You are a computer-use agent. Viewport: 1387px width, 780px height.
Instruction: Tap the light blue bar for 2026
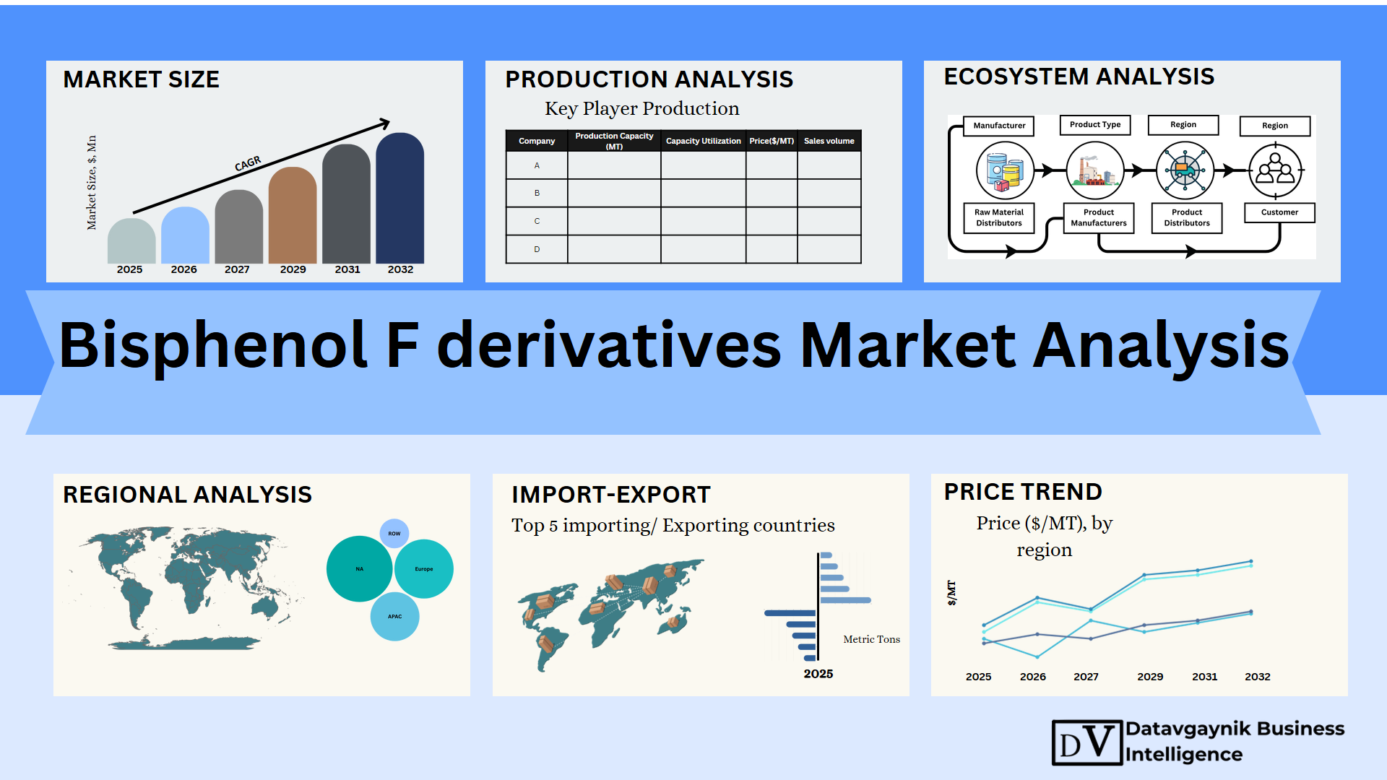point(185,235)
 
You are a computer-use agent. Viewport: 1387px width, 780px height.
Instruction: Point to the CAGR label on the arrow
point(248,164)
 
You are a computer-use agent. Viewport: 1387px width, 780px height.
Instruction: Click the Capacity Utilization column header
point(703,141)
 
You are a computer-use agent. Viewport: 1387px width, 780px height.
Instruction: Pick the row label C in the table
point(537,221)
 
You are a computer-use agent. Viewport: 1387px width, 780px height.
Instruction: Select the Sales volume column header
point(829,141)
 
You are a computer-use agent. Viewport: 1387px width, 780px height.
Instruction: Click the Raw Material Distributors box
point(999,217)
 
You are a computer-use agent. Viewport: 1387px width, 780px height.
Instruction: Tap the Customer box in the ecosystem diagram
point(1279,212)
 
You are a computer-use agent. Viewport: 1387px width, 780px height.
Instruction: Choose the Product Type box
point(1095,125)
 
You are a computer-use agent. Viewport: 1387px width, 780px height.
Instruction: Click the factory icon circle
point(1095,170)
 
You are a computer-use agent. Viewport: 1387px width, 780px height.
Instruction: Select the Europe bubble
point(424,569)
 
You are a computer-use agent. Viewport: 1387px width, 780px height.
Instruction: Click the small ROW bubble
point(394,534)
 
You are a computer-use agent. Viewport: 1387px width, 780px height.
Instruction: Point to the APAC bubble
point(394,617)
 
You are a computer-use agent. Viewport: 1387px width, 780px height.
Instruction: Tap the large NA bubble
point(360,569)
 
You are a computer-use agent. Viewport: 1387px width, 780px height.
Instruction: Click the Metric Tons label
point(871,639)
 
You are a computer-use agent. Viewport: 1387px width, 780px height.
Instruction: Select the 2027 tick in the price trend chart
point(1086,677)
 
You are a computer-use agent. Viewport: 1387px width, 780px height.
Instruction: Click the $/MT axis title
point(951,592)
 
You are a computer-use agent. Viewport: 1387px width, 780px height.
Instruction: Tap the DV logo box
point(1087,742)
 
